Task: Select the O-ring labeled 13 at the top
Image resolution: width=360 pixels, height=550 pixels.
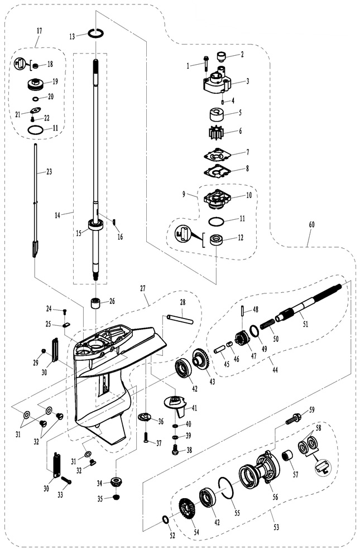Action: pyautogui.click(x=95, y=33)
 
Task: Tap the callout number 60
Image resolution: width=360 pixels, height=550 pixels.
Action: pyautogui.click(x=311, y=224)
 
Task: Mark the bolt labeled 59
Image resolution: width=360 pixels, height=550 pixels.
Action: pyautogui.click(x=294, y=419)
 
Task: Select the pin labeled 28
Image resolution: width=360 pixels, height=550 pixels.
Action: pyautogui.click(x=180, y=320)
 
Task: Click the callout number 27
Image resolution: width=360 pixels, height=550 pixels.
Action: pyautogui.click(x=143, y=288)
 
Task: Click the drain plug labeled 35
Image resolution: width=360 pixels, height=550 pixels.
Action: pyautogui.click(x=116, y=497)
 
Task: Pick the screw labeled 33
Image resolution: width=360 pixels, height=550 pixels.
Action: pyautogui.click(x=66, y=481)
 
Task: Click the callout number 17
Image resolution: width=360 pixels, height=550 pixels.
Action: pyautogui.click(x=39, y=31)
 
